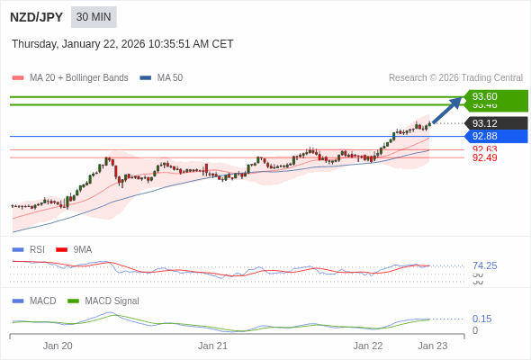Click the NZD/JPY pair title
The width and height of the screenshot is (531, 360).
pos(37,17)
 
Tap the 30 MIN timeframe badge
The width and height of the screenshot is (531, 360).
pos(94,17)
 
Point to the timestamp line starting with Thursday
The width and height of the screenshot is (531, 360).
pos(122,43)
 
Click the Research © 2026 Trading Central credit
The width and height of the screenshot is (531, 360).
pos(455,78)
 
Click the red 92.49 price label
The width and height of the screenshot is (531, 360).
pos(484,158)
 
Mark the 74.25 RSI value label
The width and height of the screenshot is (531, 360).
pos(484,265)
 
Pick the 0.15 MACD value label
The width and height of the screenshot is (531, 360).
pos(481,319)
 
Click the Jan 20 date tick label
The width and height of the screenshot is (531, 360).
pos(58,346)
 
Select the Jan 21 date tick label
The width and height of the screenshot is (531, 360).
pos(212,346)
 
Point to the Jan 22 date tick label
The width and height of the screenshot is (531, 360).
pos(367,346)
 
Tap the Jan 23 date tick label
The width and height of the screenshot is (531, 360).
pos(432,346)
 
